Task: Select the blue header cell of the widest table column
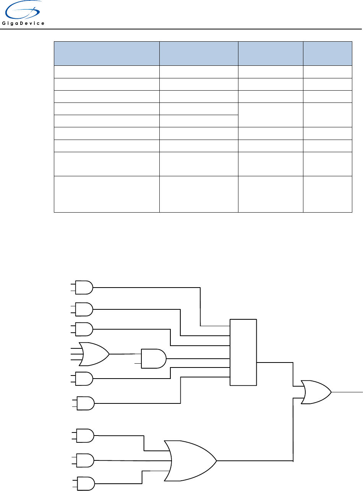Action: [107, 54]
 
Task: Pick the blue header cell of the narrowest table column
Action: [327, 54]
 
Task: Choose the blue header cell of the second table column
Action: [198, 54]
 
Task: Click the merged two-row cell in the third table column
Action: [271, 115]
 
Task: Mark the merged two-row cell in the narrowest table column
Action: [327, 115]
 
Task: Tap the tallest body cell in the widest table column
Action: [107, 194]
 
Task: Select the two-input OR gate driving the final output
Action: [316, 392]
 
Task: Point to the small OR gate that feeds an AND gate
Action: [94, 354]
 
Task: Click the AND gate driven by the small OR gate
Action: [153, 359]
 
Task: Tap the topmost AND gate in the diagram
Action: [84, 288]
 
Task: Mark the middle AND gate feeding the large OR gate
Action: [85, 460]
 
